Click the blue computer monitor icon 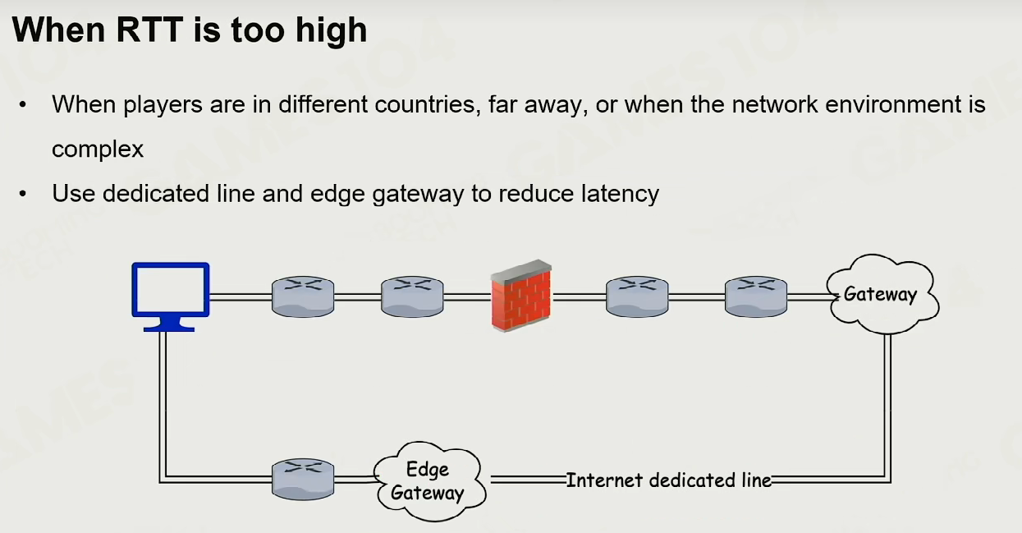coord(171,296)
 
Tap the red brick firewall coord(521,296)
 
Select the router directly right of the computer coord(303,296)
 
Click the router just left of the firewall coord(412,296)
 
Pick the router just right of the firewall coord(637,296)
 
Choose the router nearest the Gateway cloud coord(756,296)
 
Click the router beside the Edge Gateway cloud coord(303,479)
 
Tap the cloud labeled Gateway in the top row coord(882,294)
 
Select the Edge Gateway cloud coord(429,481)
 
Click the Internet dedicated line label coord(668,480)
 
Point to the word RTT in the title coord(149,30)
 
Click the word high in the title coord(332,31)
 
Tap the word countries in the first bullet coord(428,104)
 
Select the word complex coord(98,149)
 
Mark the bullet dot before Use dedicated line coord(23,194)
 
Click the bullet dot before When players coord(23,105)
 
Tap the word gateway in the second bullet coord(418,195)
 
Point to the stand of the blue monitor coord(169,324)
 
